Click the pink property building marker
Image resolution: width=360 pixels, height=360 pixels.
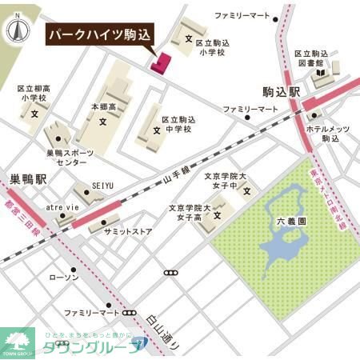(160, 62)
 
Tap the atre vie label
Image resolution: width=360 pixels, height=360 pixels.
(62, 206)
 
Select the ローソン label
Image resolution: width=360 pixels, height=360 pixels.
(63, 277)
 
